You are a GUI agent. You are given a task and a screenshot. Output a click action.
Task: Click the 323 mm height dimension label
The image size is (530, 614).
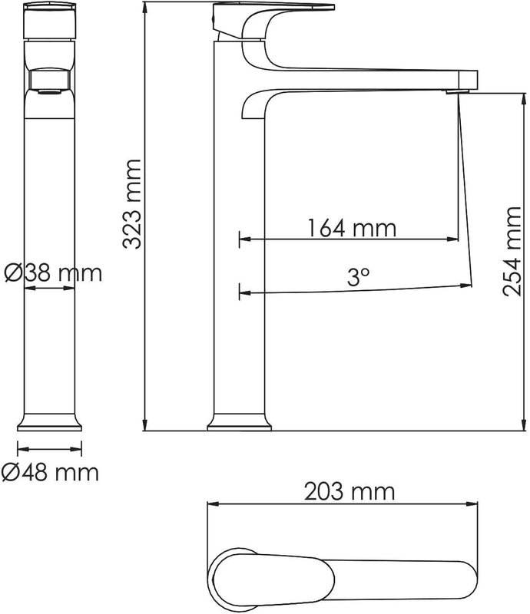tap(131, 204)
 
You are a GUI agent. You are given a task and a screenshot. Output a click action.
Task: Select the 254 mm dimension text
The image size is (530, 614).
tap(512, 252)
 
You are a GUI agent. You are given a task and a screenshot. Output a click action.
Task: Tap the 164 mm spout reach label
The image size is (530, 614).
tap(352, 228)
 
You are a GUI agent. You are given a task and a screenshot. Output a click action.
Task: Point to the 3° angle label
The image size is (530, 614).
tap(358, 277)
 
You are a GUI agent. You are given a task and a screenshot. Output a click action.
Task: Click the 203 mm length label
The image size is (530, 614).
tap(349, 491)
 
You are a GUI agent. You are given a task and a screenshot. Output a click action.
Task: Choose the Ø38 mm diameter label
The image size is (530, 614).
tap(53, 273)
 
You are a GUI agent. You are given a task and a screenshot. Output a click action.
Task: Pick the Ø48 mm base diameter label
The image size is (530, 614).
tap(50, 473)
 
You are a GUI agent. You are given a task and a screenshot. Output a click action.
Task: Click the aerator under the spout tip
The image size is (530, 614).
tap(458, 91)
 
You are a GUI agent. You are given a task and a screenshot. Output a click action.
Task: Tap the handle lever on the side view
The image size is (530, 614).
tap(273, 8)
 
